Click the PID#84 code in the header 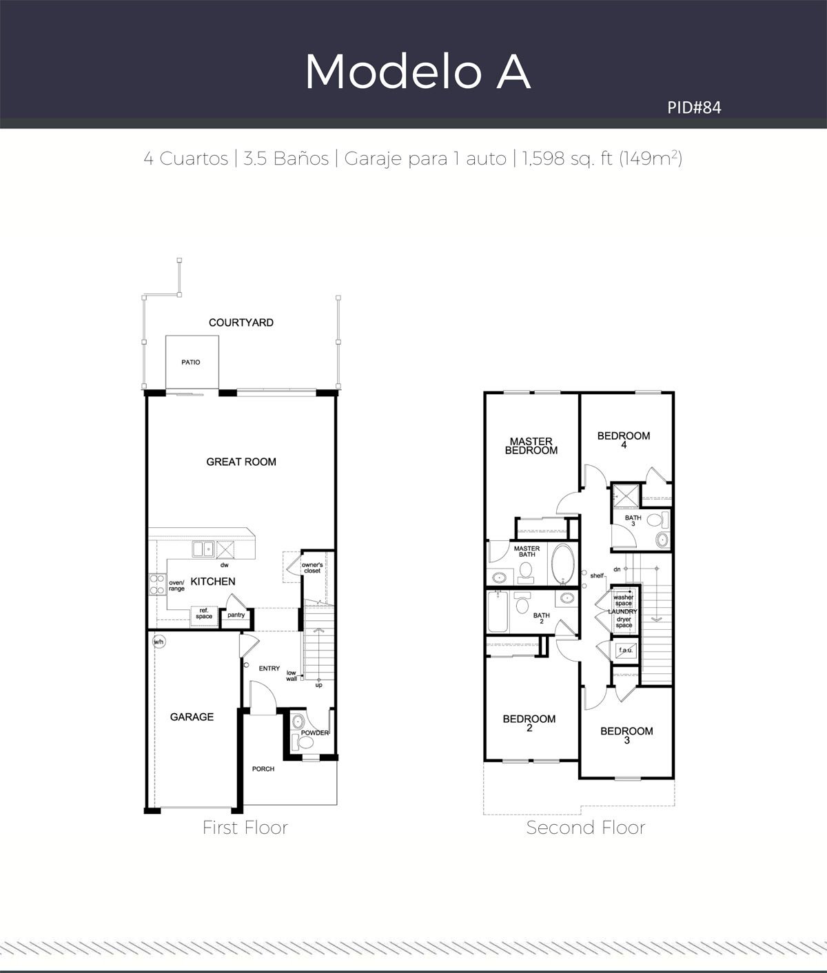pyautogui.click(x=694, y=107)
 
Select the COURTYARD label pyautogui.click(x=241, y=322)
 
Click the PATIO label pyautogui.click(x=191, y=362)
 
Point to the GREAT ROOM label pyautogui.click(x=241, y=462)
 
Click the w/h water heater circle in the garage pyautogui.click(x=159, y=642)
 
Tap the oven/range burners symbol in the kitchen pyautogui.click(x=158, y=584)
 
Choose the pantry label pyautogui.click(x=236, y=615)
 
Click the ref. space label pyautogui.click(x=204, y=613)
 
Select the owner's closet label pyautogui.click(x=312, y=568)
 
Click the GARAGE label pyautogui.click(x=192, y=717)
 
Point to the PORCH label pyautogui.click(x=263, y=769)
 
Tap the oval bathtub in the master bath pyautogui.click(x=563, y=564)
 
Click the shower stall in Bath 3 pyautogui.click(x=626, y=495)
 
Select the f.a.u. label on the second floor pyautogui.click(x=626, y=650)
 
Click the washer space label pyautogui.click(x=623, y=600)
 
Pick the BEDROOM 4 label pyautogui.click(x=624, y=440)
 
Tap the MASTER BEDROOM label pyautogui.click(x=531, y=446)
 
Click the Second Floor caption pyautogui.click(x=586, y=827)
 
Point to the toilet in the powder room pyautogui.click(x=302, y=742)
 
